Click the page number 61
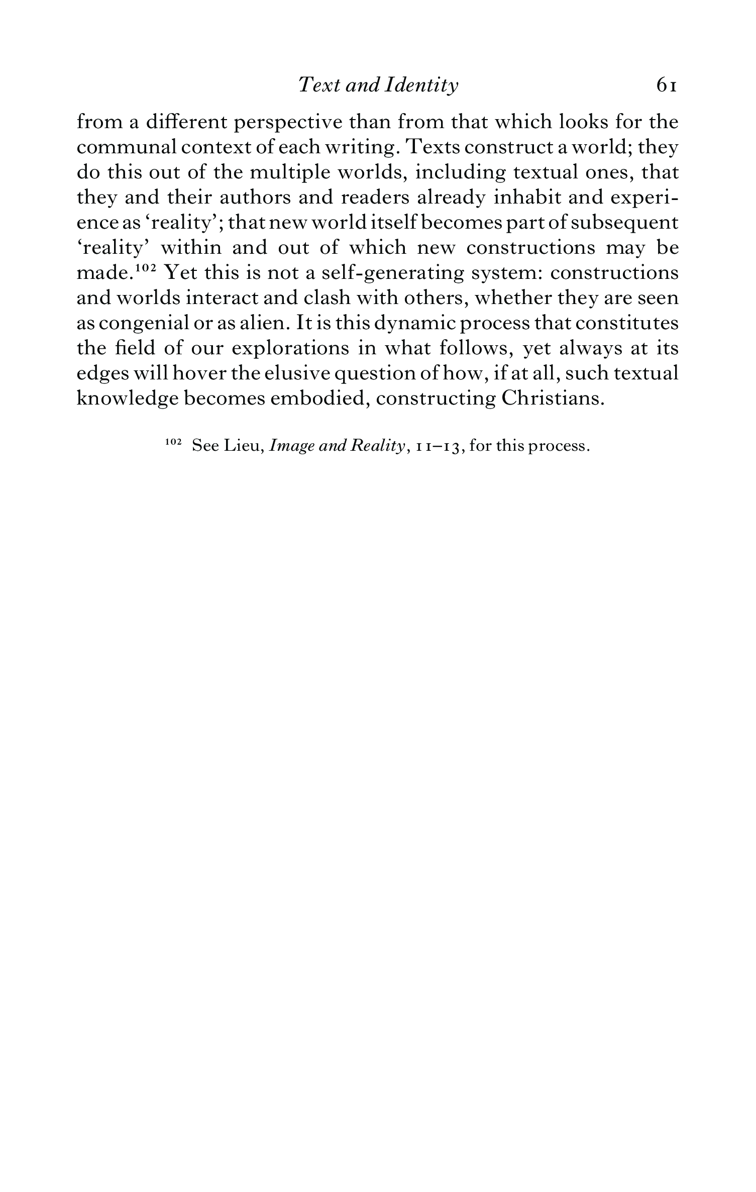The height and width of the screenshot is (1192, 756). (x=667, y=86)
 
